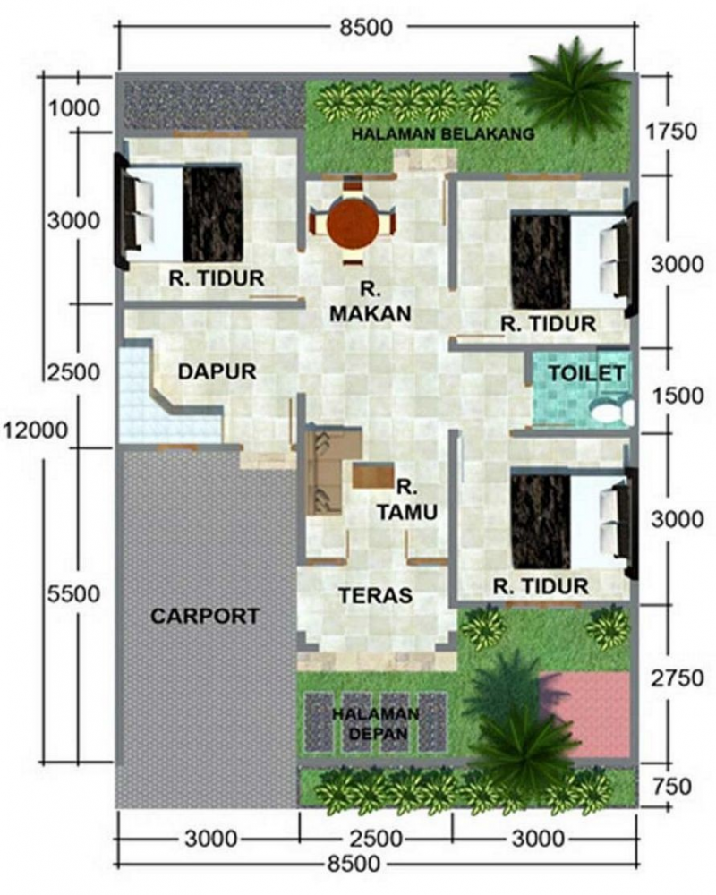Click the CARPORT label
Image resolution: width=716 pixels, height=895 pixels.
[205, 616]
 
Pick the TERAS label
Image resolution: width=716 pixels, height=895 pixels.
[374, 595]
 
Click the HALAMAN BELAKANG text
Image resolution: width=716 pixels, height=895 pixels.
[442, 134]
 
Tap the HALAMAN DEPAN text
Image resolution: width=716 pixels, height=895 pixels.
[375, 723]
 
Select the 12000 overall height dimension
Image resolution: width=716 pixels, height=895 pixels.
[36, 430]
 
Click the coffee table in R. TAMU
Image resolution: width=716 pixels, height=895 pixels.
[373, 474]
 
